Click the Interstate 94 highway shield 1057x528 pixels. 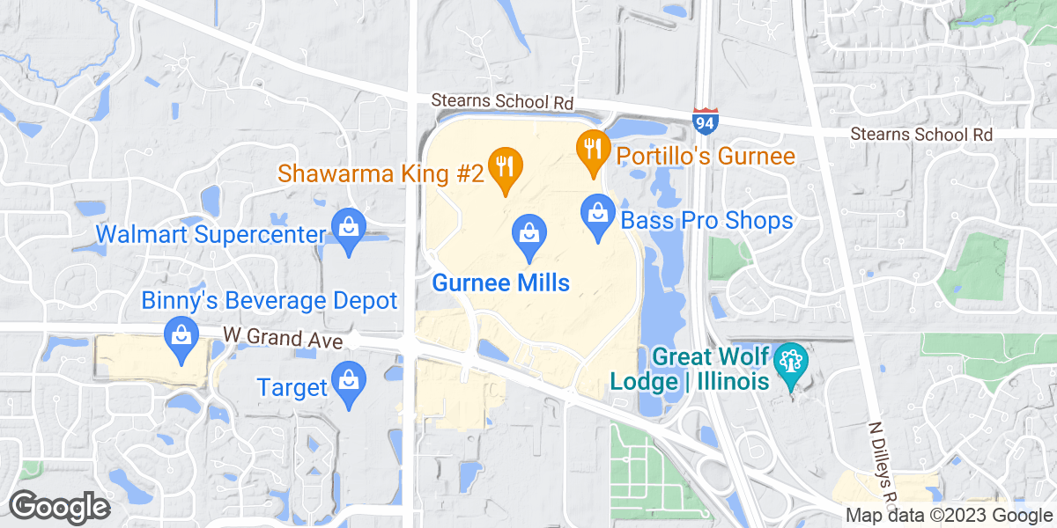point(705,121)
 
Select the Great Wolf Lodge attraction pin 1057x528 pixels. point(789,365)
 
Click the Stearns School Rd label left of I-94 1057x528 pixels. point(502,102)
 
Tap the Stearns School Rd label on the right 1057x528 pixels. point(921,135)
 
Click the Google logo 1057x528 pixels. point(59,507)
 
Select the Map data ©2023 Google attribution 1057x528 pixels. point(949,516)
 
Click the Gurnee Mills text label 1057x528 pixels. point(500,283)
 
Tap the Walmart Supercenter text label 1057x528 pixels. point(211,235)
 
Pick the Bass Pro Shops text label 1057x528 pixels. point(706,219)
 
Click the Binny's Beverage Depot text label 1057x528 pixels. point(270,301)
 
